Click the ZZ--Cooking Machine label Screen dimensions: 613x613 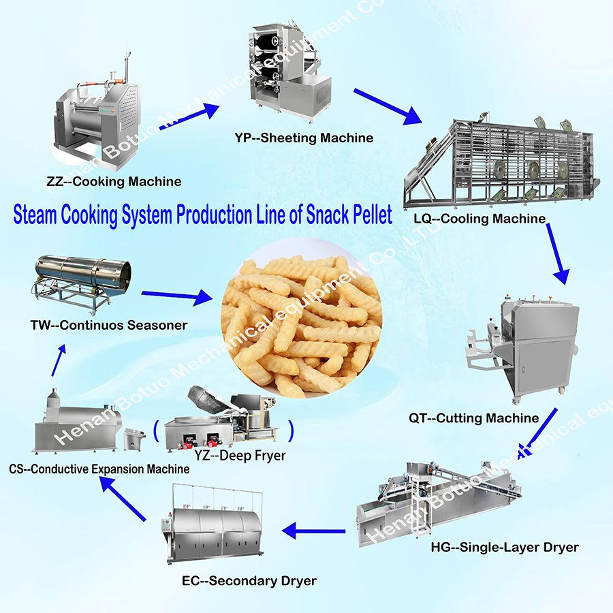114,182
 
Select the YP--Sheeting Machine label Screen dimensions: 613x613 304,138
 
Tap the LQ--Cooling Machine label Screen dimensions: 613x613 480,219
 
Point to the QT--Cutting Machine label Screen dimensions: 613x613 474,418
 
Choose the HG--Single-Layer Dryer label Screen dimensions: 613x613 505,548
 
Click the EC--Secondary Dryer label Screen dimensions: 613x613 249,581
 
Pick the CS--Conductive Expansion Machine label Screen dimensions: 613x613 99,469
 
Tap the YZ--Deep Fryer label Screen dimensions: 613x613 240,456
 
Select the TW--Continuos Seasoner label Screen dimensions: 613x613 109,326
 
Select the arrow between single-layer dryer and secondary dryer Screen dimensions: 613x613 313,531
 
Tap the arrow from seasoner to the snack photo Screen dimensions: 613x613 177,297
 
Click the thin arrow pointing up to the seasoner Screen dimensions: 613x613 59,360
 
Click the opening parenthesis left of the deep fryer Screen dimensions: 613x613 156,431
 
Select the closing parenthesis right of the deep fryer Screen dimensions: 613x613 290,431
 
